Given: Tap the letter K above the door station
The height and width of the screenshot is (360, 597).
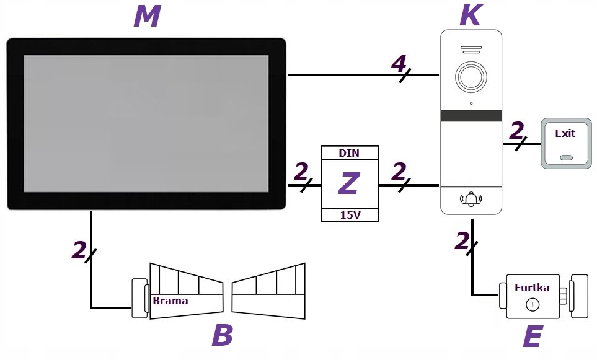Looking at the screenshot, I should tap(470, 15).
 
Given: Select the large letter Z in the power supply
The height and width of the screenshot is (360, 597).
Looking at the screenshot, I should tap(349, 184).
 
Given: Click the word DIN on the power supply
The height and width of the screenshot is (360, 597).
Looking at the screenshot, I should tap(349, 153).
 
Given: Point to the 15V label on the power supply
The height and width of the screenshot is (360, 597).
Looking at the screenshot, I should tap(349, 215).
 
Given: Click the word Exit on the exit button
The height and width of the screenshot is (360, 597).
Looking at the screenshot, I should tap(565, 133).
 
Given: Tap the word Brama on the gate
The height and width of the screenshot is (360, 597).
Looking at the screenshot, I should tap(170, 301).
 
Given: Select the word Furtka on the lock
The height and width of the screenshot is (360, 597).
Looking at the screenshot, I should tap(532, 288).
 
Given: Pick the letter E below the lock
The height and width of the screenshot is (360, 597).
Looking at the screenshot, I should tap(532, 338).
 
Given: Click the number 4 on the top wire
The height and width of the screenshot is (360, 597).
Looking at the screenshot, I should tap(399, 63).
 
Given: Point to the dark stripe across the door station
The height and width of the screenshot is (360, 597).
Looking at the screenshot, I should tap(471, 116).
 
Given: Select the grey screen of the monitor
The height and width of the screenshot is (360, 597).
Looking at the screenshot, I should tap(146, 123).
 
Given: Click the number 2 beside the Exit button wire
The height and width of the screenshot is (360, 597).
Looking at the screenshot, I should tap(516, 131).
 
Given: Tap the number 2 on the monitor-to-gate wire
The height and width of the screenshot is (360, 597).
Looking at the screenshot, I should tap(79, 250).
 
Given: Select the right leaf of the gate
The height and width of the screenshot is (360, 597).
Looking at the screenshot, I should tap(269, 291).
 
